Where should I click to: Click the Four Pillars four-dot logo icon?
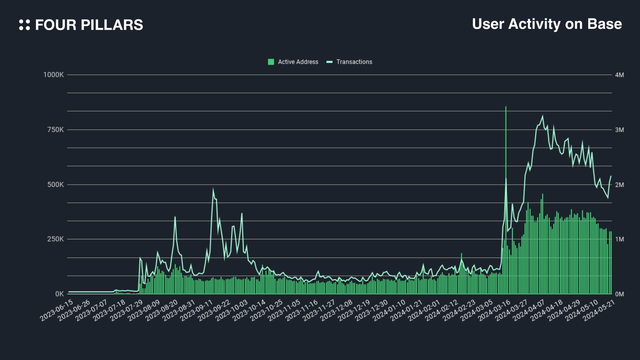[x=25, y=25]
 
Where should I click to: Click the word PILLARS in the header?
[x=112, y=25]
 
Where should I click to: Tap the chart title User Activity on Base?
[x=547, y=24]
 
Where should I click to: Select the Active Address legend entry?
[x=293, y=62]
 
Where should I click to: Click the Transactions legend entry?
[x=349, y=62]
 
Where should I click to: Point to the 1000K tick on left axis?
[x=53, y=75]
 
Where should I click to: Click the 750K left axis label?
[x=55, y=130]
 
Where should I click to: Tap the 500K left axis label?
[x=55, y=185]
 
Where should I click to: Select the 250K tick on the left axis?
[x=55, y=239]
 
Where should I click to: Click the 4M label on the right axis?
[x=619, y=75]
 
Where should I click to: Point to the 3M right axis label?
[x=619, y=130]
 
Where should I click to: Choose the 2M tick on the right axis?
[x=619, y=185]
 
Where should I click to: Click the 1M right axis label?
[x=619, y=239]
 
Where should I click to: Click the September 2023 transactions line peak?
[x=213, y=189]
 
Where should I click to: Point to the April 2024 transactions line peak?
[x=542, y=116]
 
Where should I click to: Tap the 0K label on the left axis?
[x=59, y=294]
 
